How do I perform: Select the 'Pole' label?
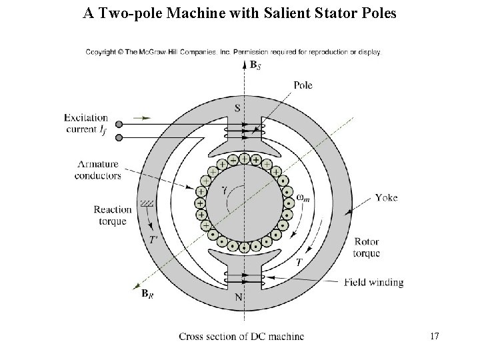pos(302,85)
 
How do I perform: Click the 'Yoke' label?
pos(386,198)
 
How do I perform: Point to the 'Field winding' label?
pos(374,282)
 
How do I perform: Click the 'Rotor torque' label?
pos(367,247)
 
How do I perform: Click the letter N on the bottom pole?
pos(239,297)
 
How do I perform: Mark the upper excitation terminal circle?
pos(119,124)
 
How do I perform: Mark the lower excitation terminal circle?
pos(119,137)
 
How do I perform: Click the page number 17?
pos(435,336)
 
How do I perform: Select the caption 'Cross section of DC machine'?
pos(241,336)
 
